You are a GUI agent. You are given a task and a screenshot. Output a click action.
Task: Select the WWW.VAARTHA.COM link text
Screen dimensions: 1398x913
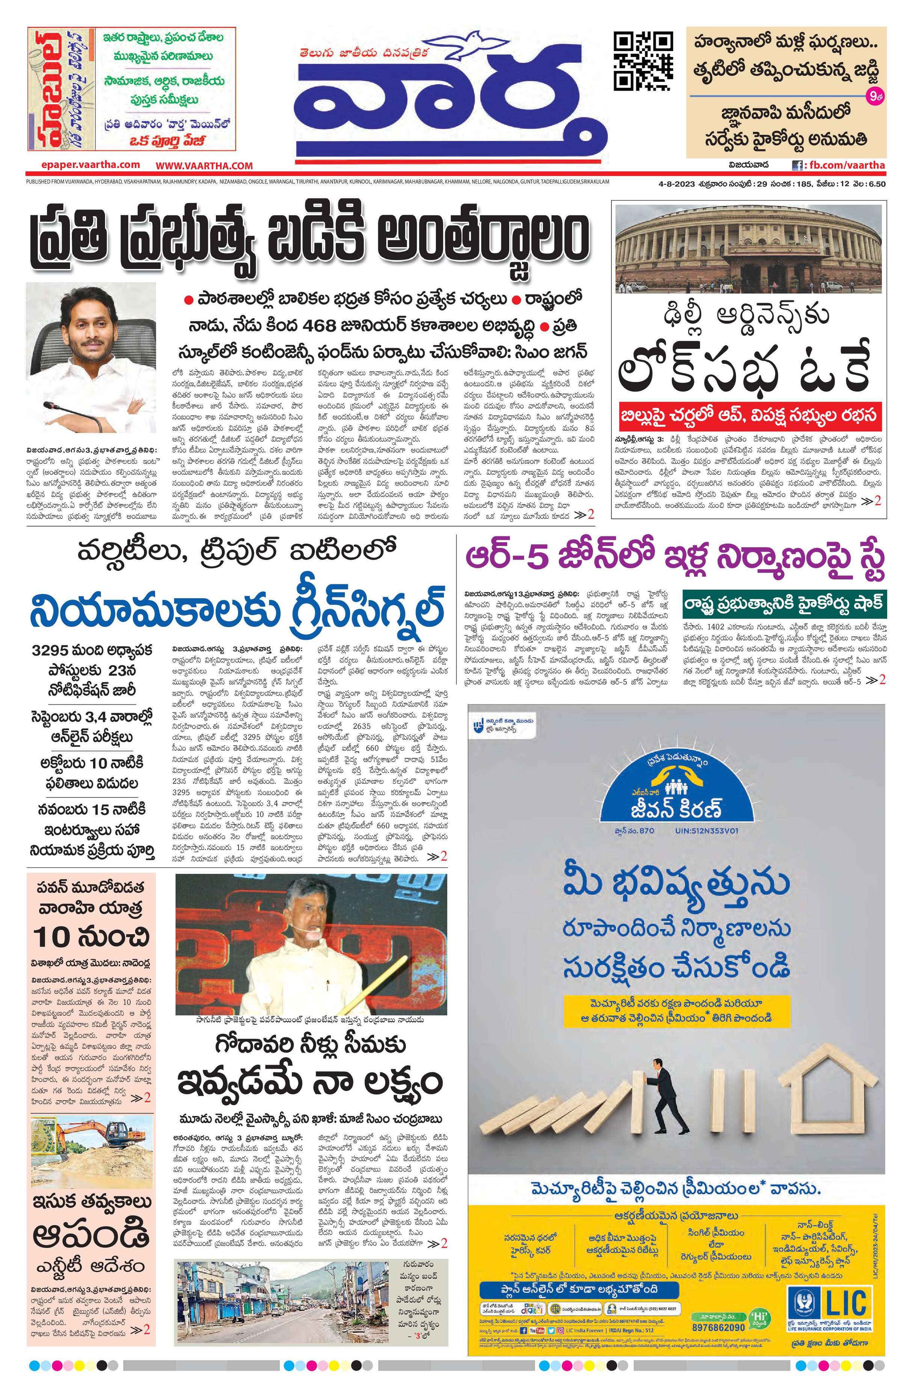pyautogui.click(x=204, y=166)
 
